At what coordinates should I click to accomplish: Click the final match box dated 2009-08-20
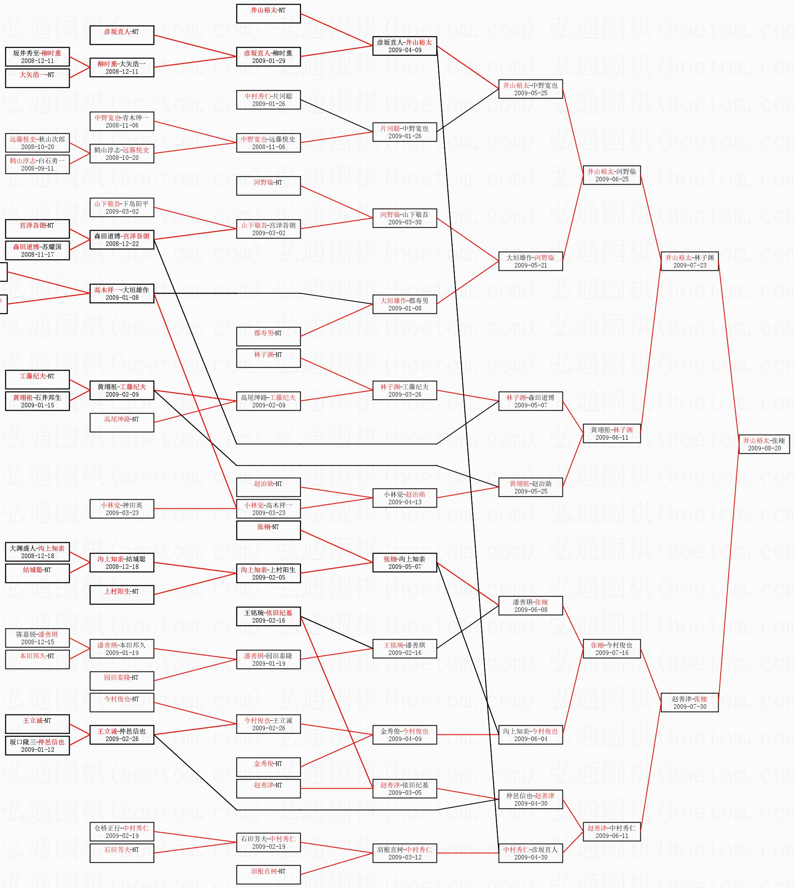click(x=764, y=444)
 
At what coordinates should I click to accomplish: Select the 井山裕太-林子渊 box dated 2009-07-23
click(x=689, y=261)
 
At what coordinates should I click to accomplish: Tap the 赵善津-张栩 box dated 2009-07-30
click(x=689, y=702)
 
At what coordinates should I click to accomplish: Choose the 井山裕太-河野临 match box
click(x=612, y=175)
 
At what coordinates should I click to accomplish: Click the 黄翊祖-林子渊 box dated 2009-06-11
click(x=612, y=433)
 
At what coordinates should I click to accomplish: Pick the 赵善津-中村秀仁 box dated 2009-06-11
click(x=612, y=831)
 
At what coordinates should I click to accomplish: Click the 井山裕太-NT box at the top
click(x=268, y=14)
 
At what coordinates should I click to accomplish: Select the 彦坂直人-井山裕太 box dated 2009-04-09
click(x=404, y=46)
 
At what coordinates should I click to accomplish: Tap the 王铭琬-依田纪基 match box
click(x=268, y=616)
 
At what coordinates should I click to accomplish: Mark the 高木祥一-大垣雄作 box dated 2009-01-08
click(x=122, y=294)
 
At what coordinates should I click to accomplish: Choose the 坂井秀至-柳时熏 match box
click(x=37, y=57)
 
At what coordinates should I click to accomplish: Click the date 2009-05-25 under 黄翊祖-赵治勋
click(x=531, y=491)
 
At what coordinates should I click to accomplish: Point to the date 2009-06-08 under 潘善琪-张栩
click(x=531, y=610)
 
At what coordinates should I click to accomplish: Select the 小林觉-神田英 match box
click(x=122, y=509)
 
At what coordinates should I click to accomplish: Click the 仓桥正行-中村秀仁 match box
click(x=122, y=831)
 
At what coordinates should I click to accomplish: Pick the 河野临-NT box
click(x=268, y=186)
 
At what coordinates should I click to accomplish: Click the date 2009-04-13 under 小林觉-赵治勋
click(x=404, y=502)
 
